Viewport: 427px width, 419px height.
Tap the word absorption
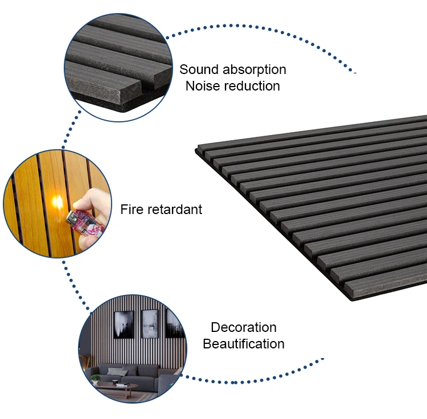(254, 70)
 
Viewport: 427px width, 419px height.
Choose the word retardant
(175, 209)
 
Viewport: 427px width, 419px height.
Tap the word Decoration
(244, 327)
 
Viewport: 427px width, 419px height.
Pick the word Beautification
(244, 344)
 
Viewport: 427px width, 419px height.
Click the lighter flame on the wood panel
(58, 200)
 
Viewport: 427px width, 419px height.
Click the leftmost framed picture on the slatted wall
(124, 324)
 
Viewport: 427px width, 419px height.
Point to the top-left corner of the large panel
(198, 149)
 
